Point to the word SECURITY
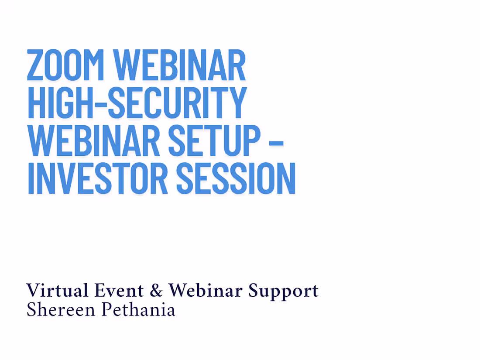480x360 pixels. pyautogui.click(x=177, y=103)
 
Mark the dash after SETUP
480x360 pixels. pyautogui.click(x=275, y=142)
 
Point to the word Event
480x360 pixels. pyautogui.click(x=119, y=291)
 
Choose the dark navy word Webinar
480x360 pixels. pyautogui.click(x=206, y=291)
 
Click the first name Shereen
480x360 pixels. pyautogui.click(x=61, y=309)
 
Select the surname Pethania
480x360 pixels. pyautogui.click(x=138, y=309)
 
